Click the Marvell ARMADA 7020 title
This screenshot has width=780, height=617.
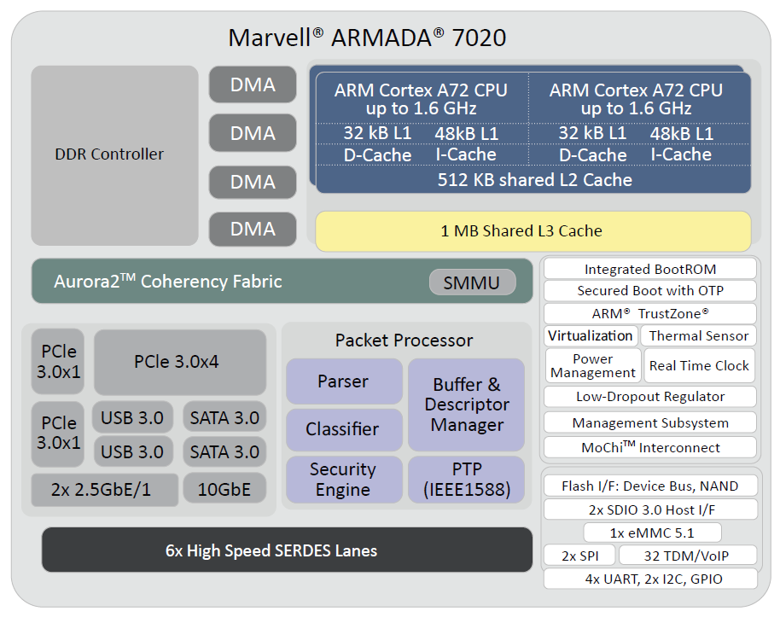[367, 38]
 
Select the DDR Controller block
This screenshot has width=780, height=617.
[109, 154]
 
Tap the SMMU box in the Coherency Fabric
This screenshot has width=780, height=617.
[472, 282]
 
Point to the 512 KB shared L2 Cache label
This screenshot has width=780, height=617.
[534, 180]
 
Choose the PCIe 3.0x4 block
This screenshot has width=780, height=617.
[177, 361]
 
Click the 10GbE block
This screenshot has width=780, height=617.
[224, 489]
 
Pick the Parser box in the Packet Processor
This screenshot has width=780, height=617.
[343, 381]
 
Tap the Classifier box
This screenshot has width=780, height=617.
[343, 429]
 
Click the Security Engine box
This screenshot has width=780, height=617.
[343, 480]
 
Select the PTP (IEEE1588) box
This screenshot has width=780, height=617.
[466, 480]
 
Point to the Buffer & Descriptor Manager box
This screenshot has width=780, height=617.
[466, 405]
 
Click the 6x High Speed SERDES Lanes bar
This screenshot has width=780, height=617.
[287, 550]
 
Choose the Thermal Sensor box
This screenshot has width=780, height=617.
[698, 336]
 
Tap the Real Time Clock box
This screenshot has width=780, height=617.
[699, 365]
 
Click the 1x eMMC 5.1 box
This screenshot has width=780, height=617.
[652, 533]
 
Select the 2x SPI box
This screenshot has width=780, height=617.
[579, 556]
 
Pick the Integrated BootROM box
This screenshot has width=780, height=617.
[649, 269]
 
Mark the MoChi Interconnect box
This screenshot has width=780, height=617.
[649, 447]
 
